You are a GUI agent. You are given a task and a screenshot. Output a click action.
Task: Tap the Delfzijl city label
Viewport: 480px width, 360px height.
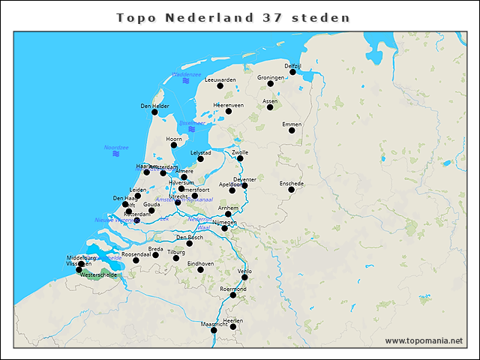click(292, 66)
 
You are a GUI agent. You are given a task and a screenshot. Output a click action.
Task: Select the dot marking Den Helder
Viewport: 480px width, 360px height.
click(154, 112)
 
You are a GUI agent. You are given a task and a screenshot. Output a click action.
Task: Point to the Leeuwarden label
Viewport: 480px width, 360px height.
click(220, 79)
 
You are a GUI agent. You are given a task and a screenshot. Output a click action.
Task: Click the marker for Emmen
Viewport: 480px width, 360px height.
click(292, 130)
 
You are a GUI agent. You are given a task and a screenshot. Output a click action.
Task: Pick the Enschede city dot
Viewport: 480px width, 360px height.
click(292, 189)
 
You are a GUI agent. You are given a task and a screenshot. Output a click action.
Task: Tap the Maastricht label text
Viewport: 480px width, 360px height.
click(214, 324)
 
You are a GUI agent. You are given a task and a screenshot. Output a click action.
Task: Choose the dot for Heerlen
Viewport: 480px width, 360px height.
click(233, 327)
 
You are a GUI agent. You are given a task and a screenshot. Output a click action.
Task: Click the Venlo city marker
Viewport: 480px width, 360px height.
click(244, 277)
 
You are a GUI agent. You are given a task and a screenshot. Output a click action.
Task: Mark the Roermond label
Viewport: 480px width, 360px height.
click(233, 289)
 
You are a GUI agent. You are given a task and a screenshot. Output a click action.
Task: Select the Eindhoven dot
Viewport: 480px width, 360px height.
click(200, 270)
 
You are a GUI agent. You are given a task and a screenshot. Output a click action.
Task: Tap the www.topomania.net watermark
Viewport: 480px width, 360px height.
click(424, 340)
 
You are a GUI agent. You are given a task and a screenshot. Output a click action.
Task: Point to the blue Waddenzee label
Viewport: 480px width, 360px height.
click(187, 74)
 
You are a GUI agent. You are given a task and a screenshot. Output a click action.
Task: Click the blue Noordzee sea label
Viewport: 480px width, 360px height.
click(116, 147)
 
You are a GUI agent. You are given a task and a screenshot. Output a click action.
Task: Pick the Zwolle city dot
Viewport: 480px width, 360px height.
click(240, 158)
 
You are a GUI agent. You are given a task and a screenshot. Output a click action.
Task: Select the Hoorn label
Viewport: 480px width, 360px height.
click(174, 139)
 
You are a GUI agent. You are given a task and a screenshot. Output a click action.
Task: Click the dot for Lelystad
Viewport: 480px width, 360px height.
click(200, 159)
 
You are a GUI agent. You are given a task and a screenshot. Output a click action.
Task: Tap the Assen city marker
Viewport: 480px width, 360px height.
click(270, 107)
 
